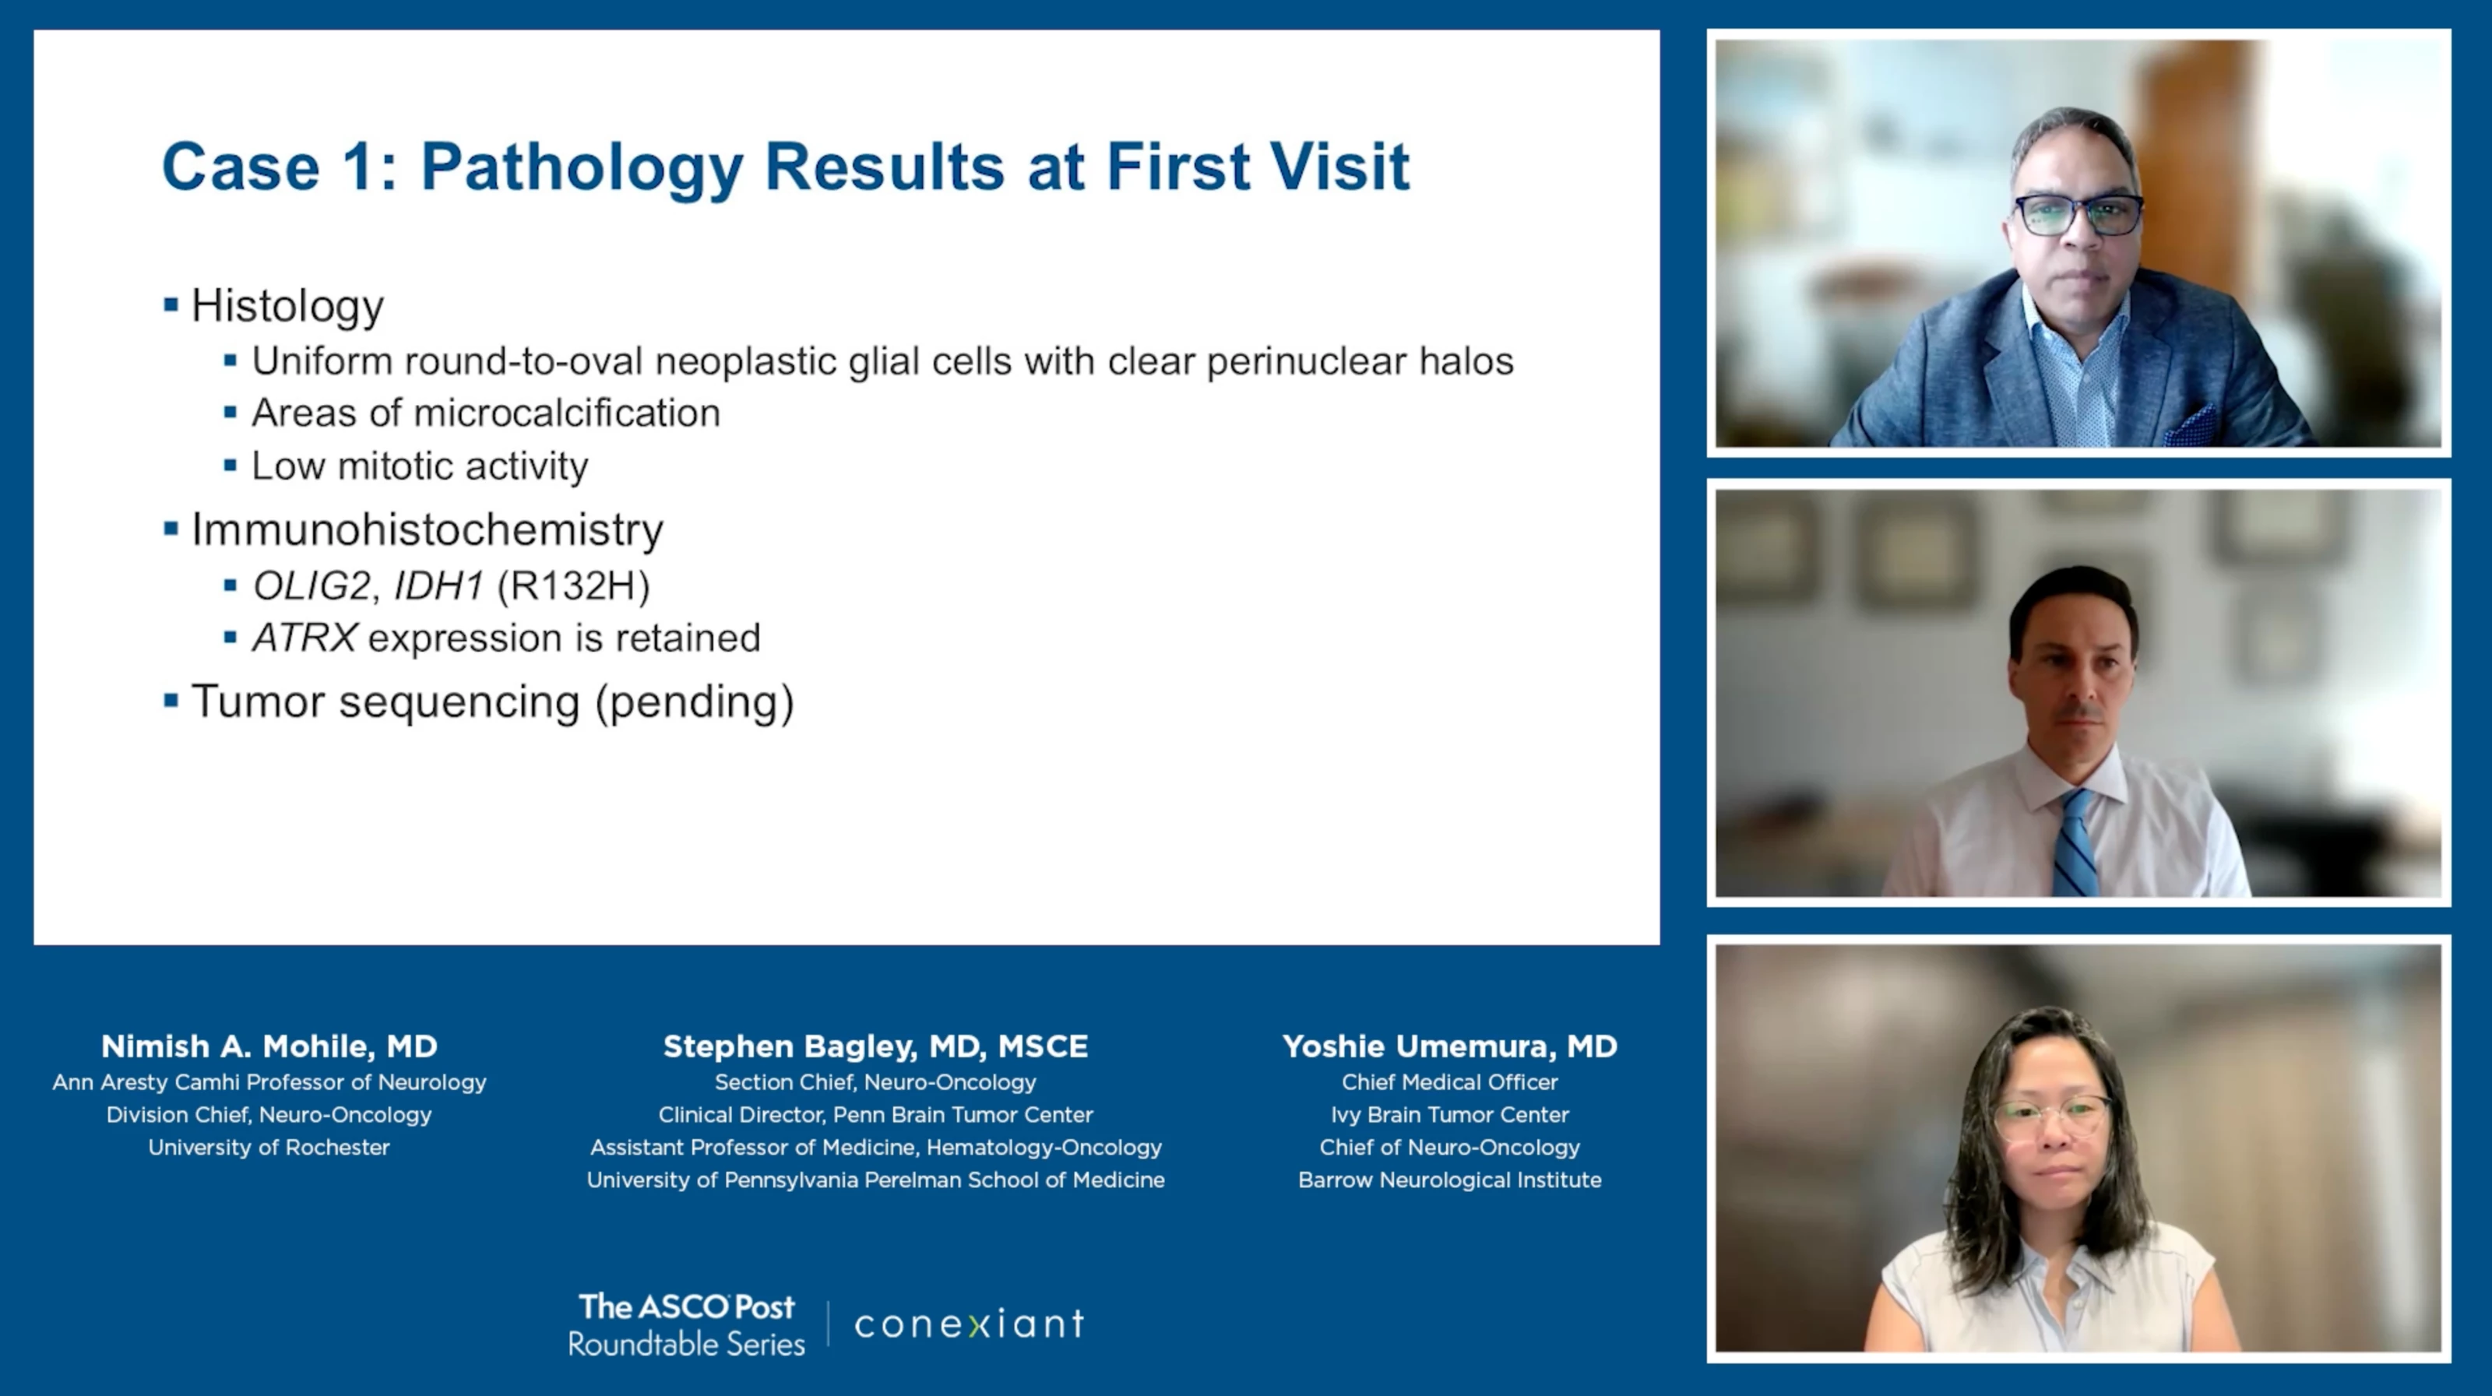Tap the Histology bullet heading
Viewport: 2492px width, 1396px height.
pos(287,307)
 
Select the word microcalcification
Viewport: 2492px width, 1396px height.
pos(567,413)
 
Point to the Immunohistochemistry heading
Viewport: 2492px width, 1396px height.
pos(428,529)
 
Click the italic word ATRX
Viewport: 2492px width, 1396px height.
pos(304,638)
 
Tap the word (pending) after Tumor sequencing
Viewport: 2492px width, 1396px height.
pos(695,702)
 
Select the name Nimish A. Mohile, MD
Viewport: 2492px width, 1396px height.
pos(269,1046)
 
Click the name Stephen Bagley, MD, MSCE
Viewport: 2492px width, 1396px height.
pos(875,1046)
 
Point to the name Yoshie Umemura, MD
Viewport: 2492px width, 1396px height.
pos(1449,1046)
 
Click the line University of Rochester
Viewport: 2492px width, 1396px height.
pos(269,1148)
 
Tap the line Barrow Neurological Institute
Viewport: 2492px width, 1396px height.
pos(1449,1180)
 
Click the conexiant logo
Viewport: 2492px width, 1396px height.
pos(970,1324)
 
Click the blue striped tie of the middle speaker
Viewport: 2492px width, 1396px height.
pos(2074,842)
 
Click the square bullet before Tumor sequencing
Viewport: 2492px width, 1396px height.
pos(171,701)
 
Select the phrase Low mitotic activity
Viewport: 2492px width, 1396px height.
pos(420,466)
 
